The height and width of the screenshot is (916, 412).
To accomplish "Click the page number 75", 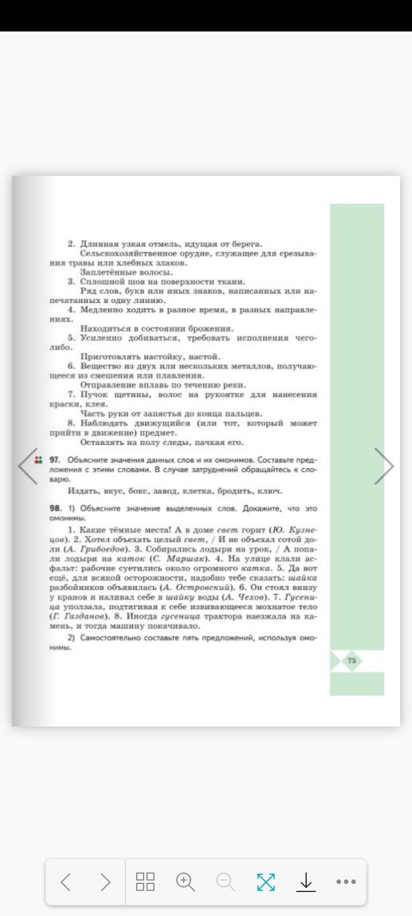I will (x=351, y=660).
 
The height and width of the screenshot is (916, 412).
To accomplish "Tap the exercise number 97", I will (x=55, y=460).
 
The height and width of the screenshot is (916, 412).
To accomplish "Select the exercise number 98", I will (x=56, y=508).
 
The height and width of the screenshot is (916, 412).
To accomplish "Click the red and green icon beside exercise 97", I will (x=38, y=460).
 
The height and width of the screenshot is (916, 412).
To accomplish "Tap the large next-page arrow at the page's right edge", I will (x=384, y=466).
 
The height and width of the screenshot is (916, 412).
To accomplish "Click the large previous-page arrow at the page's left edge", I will (x=27, y=466).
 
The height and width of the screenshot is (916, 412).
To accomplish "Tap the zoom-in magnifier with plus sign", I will (x=185, y=882).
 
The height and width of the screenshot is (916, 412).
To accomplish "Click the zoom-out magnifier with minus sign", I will (x=225, y=882).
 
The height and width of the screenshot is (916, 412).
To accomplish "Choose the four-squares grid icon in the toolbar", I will (x=145, y=882).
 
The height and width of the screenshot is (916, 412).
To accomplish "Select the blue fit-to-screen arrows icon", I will (x=266, y=882).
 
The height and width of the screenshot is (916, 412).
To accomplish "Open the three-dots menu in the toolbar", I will (x=346, y=882).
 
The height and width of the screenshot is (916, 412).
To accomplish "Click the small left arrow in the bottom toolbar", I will (x=65, y=882).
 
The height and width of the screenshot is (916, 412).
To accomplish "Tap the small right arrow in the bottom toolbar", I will (x=105, y=882).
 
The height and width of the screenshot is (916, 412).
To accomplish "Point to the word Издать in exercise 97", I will (x=80, y=491).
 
